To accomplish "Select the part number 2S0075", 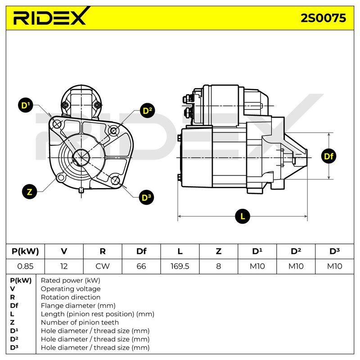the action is [x=323, y=18].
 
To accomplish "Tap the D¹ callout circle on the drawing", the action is [x=26, y=105].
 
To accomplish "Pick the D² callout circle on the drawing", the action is [x=147, y=111].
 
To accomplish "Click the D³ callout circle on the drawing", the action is [x=146, y=198].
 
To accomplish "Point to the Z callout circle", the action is [x=30, y=192].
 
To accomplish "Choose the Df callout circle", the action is [x=328, y=156].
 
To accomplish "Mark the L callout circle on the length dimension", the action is [x=243, y=216].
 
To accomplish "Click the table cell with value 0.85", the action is [x=25, y=266].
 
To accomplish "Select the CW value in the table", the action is [x=103, y=266].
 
